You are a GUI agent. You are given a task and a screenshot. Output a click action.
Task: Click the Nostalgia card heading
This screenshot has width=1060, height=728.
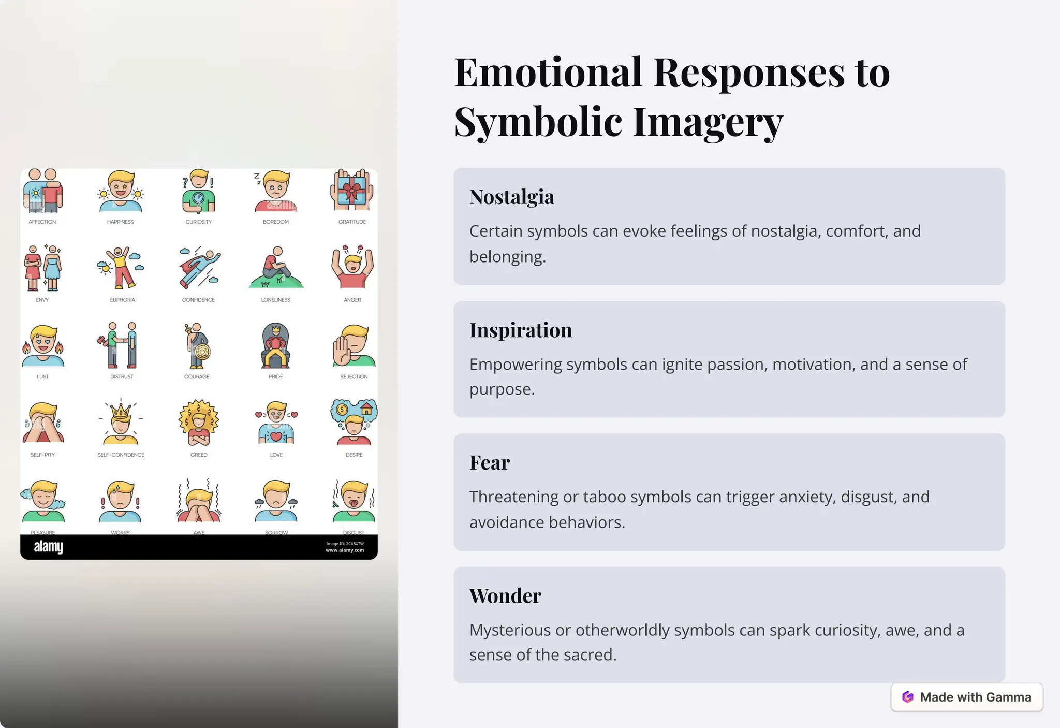point(511,197)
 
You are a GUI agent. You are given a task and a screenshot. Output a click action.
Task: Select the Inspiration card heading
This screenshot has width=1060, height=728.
point(520,330)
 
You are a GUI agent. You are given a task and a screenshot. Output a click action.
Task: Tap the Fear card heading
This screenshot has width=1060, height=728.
point(489,463)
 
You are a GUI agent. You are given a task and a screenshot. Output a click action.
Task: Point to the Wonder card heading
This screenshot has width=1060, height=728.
point(505,596)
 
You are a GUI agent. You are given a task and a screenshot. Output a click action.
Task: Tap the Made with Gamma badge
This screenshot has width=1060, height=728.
point(966,697)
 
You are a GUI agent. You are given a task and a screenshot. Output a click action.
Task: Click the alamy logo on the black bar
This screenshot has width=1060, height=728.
point(48,547)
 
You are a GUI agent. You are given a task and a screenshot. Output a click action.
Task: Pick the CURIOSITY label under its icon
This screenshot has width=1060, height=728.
point(198,222)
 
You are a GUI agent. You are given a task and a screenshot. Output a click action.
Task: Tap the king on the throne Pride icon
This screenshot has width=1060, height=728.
point(275,345)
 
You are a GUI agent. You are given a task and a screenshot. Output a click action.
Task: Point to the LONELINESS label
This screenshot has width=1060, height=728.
point(275,300)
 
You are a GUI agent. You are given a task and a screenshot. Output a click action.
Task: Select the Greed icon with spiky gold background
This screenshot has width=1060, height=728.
point(199,423)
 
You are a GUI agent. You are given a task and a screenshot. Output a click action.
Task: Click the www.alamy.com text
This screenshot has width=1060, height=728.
point(345,550)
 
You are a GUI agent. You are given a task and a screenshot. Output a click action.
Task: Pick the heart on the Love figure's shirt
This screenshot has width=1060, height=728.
point(276,436)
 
